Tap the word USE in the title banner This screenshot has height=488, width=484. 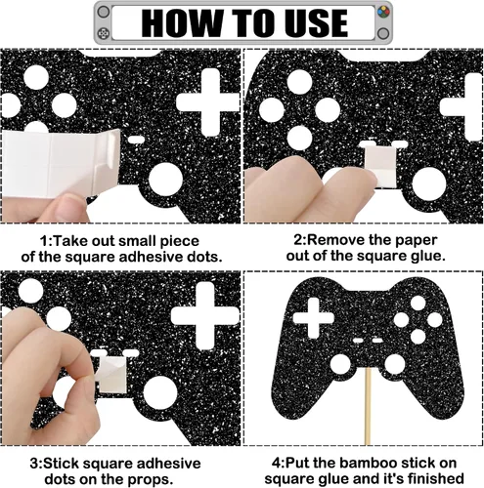317,22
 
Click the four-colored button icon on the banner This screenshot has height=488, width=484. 383,13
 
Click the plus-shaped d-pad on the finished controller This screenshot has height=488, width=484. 313,317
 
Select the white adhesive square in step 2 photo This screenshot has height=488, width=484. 380,166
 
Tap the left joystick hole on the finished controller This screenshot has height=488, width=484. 340,363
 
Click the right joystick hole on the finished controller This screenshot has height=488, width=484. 395,364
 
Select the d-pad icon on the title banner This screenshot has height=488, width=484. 104,33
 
